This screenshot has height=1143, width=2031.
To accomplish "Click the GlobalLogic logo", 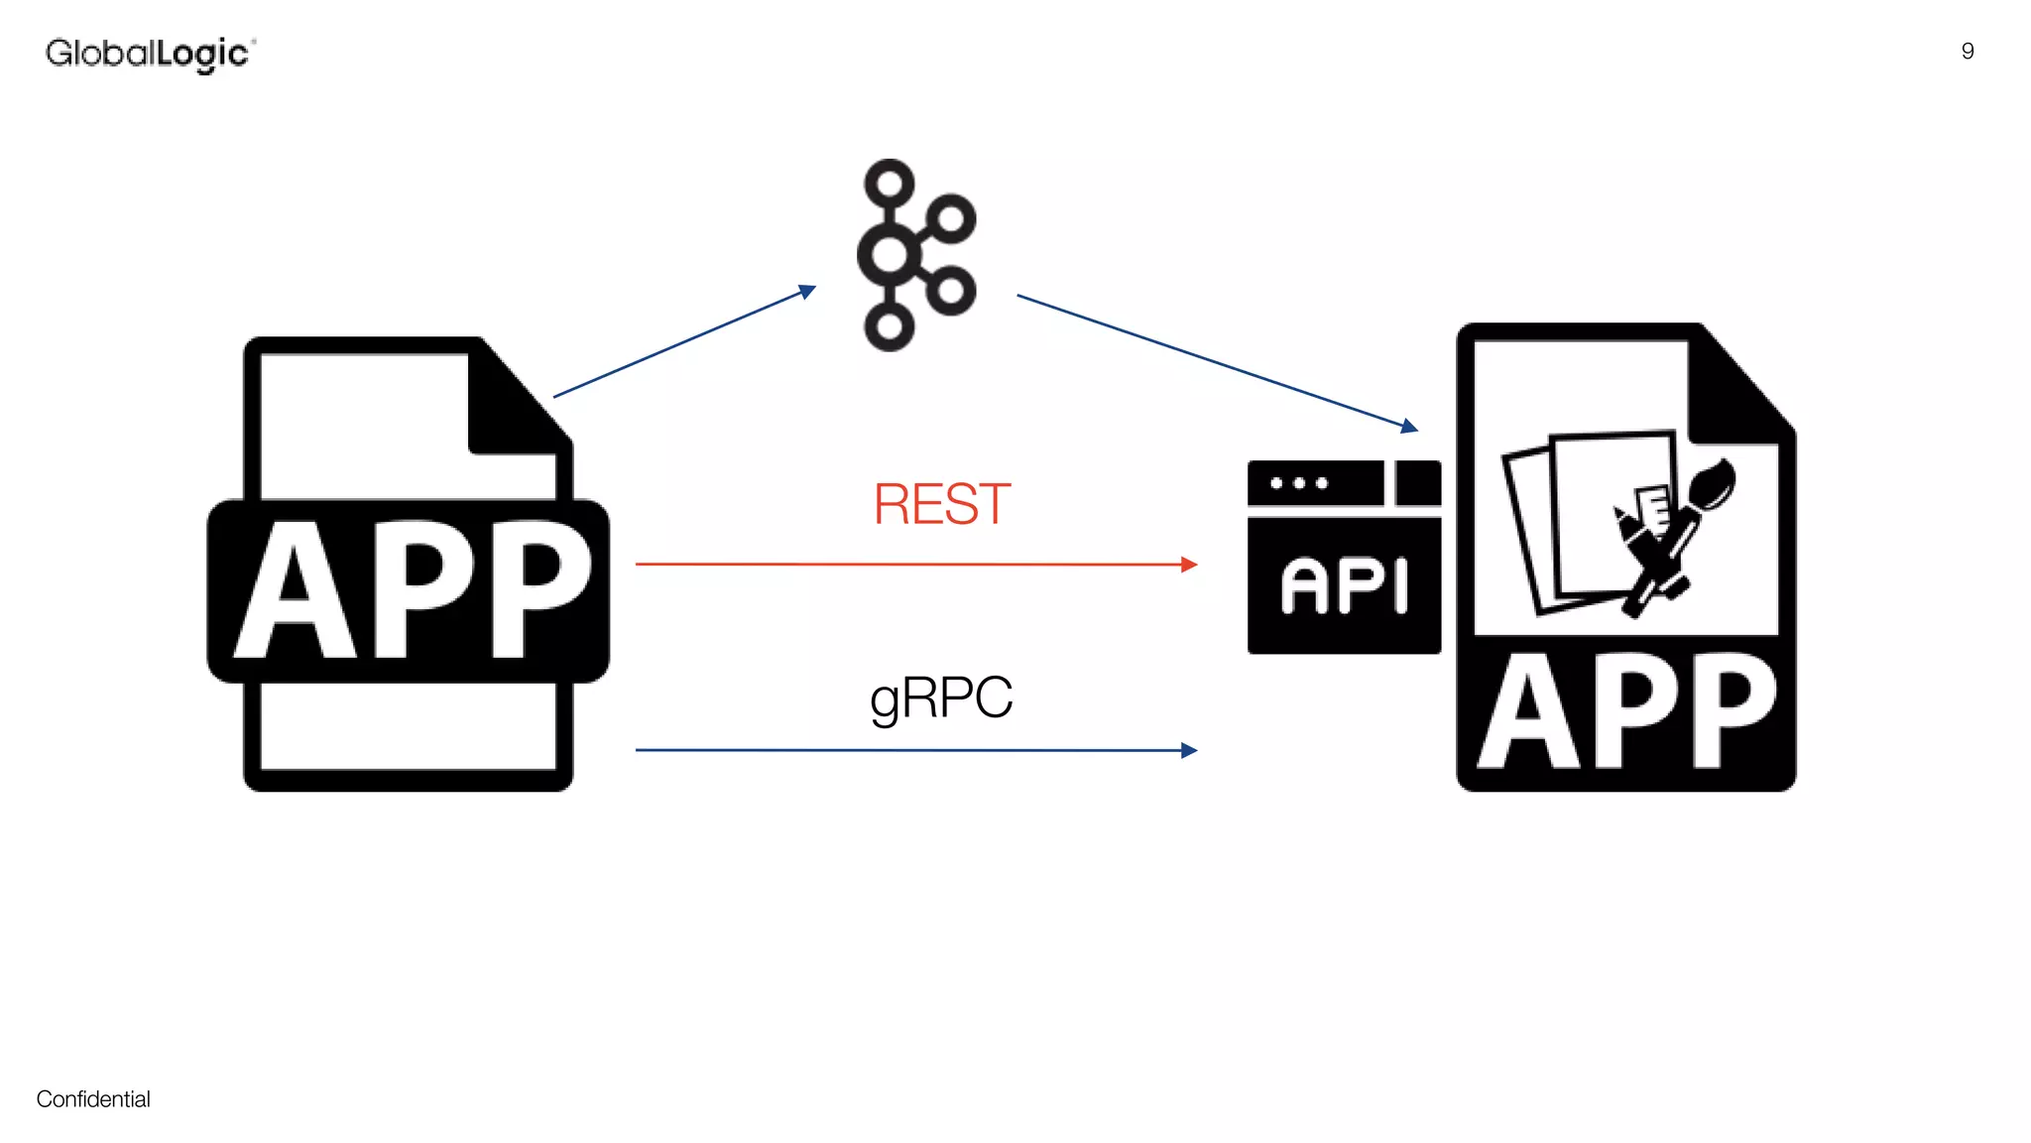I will pos(150,54).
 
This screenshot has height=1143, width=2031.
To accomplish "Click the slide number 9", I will pos(1968,52).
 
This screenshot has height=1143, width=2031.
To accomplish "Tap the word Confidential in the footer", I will pos(93,1098).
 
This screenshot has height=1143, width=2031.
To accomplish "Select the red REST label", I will pos(941,504).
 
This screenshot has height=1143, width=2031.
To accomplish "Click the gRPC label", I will pos(941,697).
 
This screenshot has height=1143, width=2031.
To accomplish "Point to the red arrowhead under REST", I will pos(1189,565).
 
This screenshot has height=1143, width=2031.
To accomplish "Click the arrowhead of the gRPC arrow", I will pos(1189,750).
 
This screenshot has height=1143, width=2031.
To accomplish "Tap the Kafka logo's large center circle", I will pos(890,255).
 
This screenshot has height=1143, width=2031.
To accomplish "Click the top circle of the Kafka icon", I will pos(890,184).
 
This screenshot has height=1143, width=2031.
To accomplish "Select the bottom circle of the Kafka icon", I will pos(890,325).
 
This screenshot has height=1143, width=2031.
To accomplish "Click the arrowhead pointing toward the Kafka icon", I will pos(807,291).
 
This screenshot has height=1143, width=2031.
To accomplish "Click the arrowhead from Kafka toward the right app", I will pos(1409,427).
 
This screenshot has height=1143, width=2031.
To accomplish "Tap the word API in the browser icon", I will pos(1344,584).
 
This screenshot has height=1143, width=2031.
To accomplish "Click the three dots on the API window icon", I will pos(1299,483).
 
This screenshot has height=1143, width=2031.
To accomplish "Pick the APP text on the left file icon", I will pos(410,590).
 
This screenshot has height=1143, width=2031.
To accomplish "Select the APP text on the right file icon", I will pos(1626,712).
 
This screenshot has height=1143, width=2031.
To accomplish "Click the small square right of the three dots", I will pos(1418,483).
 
